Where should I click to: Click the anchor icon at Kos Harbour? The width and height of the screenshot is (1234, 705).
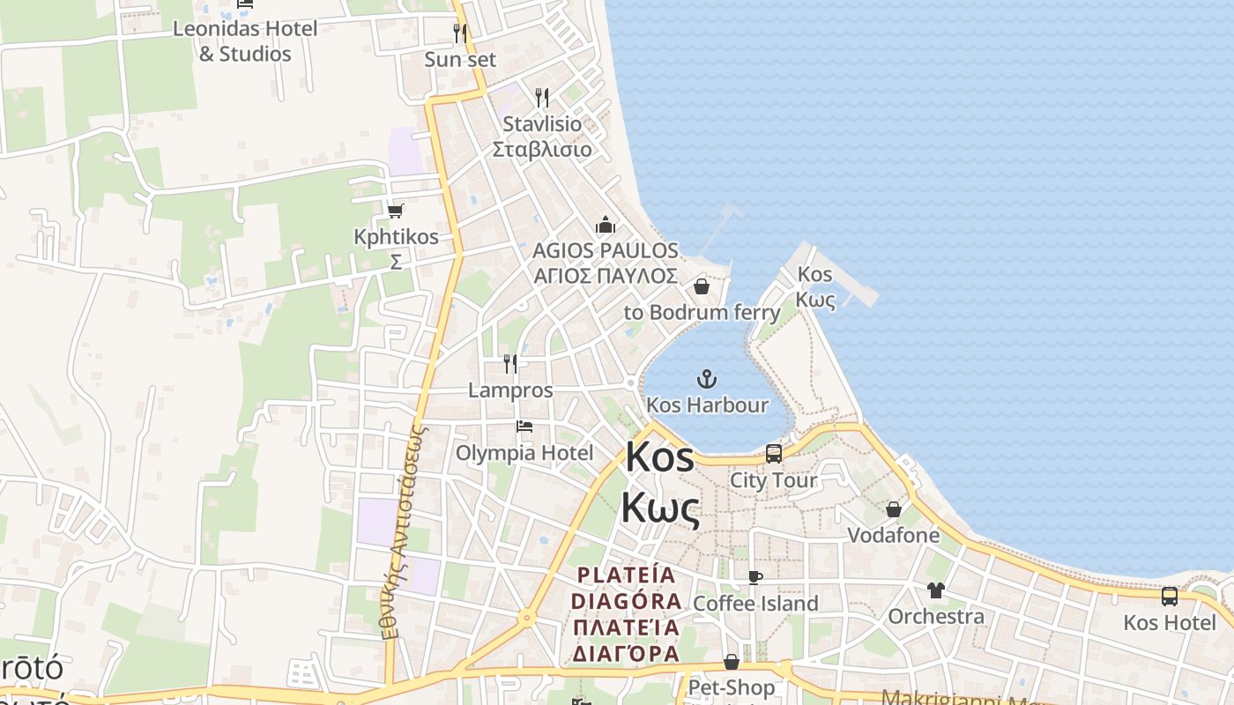coord(706,379)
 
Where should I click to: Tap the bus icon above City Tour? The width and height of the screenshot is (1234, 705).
coord(774,454)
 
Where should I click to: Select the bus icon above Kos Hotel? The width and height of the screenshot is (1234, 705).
coord(1170,597)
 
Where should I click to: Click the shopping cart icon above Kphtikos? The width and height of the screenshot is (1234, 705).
coord(395,211)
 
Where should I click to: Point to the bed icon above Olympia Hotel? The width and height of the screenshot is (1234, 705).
coord(524,427)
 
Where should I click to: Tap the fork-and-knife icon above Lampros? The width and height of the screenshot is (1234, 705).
coord(510,363)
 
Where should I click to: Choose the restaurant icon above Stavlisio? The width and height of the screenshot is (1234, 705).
coord(542,97)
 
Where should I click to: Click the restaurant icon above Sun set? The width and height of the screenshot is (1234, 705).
coord(460,33)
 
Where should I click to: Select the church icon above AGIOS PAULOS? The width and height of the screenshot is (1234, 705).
coord(605,225)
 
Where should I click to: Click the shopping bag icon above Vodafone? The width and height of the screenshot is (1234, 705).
coord(894,509)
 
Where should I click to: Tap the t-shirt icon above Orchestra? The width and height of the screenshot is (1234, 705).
coord(935,590)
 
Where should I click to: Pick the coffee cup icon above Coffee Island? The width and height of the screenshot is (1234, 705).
coord(755,577)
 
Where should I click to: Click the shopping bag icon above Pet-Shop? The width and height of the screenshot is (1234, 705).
coord(732,662)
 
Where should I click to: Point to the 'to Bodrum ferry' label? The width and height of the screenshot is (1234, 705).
coord(702,312)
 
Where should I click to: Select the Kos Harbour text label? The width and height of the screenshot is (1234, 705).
coord(707,405)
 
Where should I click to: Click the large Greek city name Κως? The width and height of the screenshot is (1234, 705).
coord(660,508)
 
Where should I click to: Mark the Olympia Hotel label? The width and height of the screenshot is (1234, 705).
coord(524,453)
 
